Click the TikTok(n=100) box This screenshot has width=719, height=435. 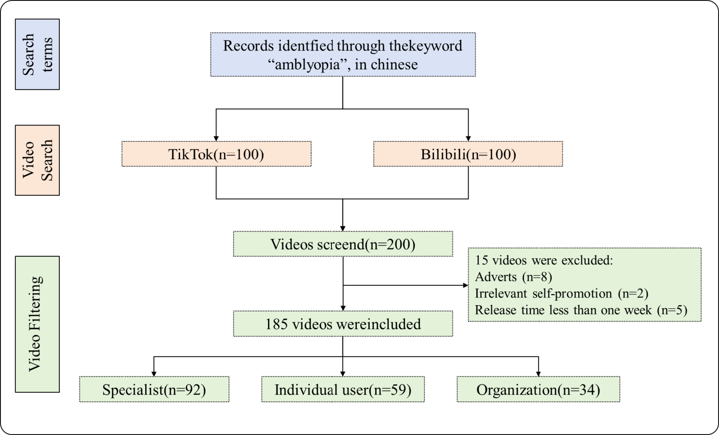pos(216,154)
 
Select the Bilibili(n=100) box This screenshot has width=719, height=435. pos(468,154)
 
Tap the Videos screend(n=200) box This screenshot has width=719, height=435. pos(343,244)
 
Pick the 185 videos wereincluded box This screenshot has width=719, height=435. pos(343,324)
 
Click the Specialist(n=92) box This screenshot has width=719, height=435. pos(154,389)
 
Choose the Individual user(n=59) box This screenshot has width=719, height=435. pos(343,389)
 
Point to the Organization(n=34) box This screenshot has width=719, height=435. pos(538,389)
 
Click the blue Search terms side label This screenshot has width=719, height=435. pos(37,54)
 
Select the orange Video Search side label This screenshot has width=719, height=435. pos(37,160)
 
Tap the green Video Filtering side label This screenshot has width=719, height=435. pos(37,324)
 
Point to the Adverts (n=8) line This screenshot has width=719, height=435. pos(513,277)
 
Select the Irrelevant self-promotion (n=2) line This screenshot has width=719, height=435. pos(561,294)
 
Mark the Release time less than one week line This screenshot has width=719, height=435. pos(581,310)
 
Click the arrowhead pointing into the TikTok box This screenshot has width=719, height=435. pos(216,138)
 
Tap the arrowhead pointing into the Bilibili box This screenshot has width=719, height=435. pos(468,138)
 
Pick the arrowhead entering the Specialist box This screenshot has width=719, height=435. pos(154,374)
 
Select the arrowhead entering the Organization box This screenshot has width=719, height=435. pos(538,374)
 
